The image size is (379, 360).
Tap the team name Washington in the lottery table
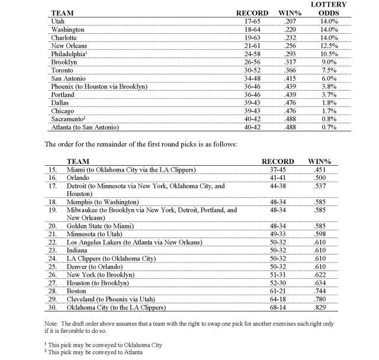point(68,29)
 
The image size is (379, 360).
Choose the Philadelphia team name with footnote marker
point(72,53)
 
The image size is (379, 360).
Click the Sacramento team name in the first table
point(70,118)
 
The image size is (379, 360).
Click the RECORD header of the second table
point(278,160)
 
